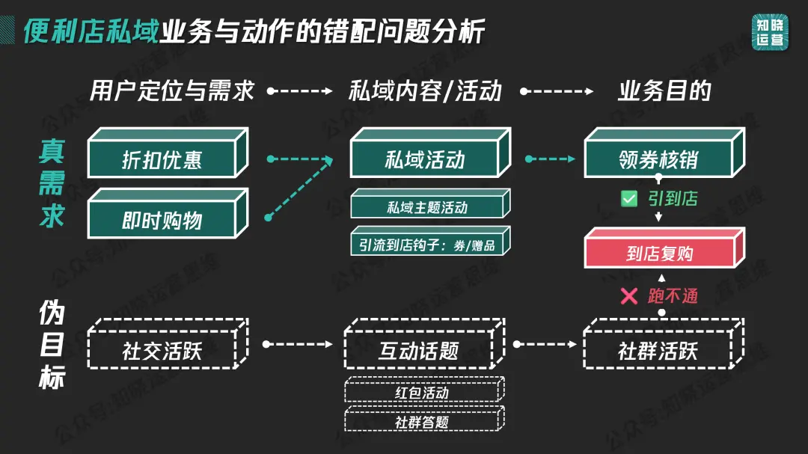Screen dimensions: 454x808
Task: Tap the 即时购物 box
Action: [162, 221]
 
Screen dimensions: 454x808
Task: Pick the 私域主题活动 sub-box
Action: [426, 207]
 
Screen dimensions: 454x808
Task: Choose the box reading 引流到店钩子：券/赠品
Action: [426, 245]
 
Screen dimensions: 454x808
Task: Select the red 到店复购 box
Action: [659, 254]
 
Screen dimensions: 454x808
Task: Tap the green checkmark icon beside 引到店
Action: [629, 199]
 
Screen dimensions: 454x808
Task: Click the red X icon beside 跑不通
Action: [629, 296]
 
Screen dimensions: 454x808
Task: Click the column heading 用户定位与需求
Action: [172, 91]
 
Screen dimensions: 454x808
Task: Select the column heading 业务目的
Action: [664, 91]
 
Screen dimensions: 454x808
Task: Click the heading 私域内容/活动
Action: [425, 91]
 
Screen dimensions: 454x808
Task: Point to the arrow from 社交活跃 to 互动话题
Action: [298, 344]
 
